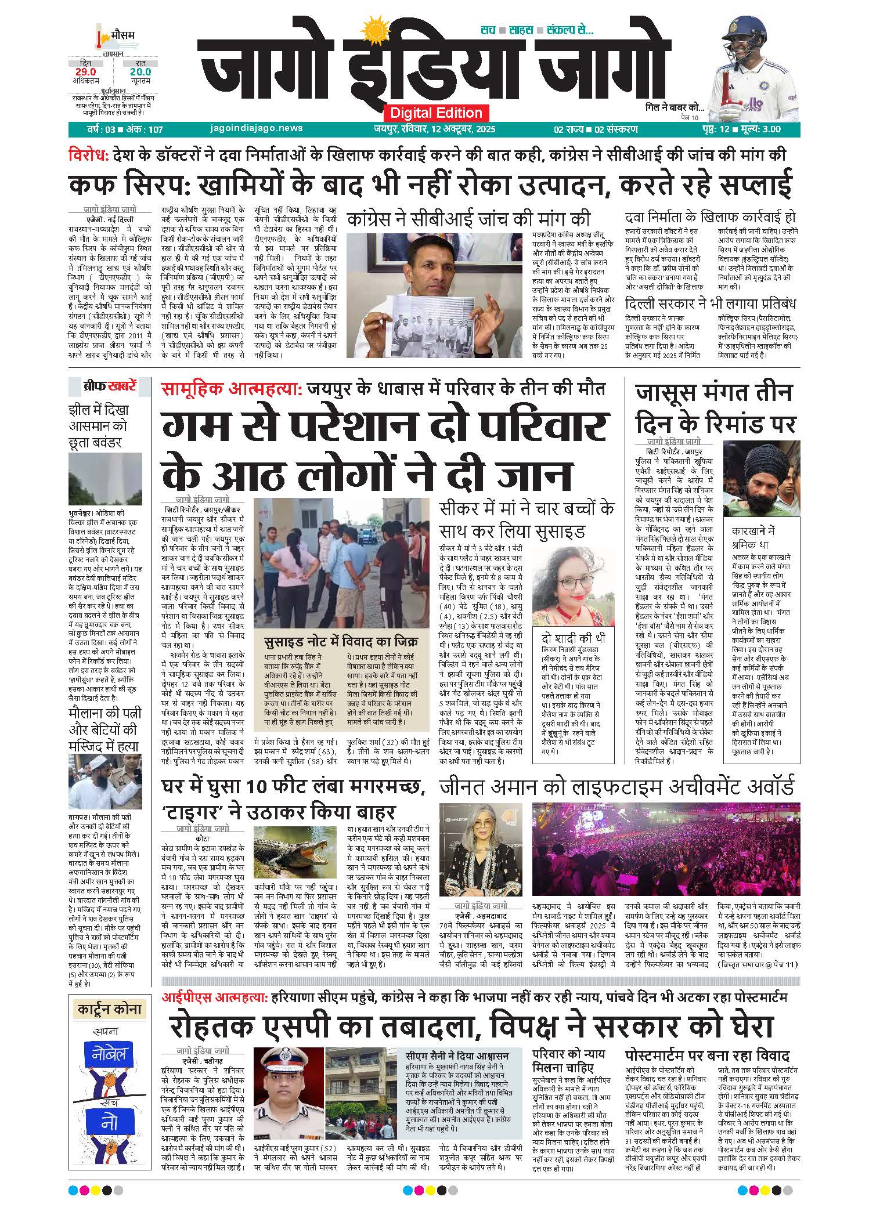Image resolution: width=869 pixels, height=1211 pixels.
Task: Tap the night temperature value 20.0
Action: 140,72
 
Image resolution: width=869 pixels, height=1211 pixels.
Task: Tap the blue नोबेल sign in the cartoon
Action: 109,1054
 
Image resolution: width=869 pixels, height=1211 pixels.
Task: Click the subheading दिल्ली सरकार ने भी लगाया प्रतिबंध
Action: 710,303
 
